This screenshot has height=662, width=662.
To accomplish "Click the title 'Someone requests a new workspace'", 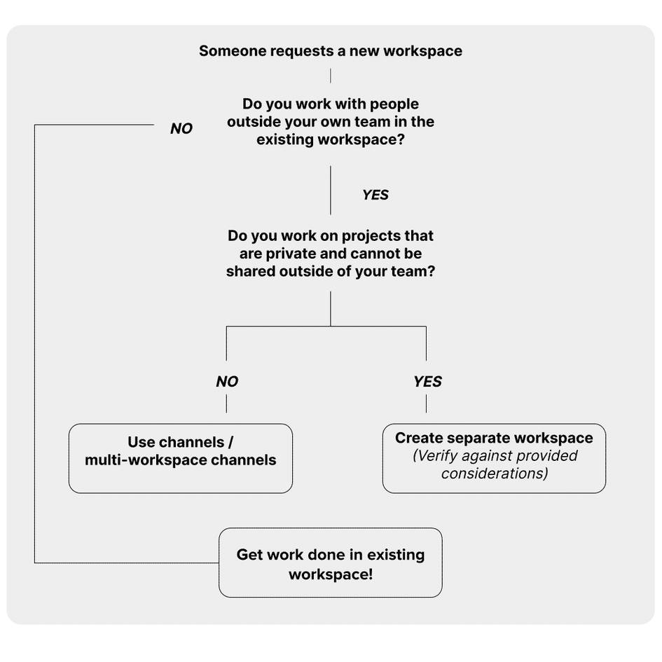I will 330,51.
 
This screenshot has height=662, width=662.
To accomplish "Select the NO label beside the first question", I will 181,129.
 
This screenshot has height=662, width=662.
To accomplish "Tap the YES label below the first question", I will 375,195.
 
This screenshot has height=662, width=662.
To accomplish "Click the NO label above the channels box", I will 226,382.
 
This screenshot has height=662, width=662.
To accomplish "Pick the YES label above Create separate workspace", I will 427,382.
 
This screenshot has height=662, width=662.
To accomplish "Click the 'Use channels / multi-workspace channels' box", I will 180,458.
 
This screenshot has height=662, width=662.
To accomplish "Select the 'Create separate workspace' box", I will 494,458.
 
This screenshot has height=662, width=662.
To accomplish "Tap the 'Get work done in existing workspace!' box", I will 330,563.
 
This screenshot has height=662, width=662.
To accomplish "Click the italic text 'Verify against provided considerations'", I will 494,464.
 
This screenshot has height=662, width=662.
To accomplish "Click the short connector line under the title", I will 330,76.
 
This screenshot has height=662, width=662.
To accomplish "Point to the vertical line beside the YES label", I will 331,190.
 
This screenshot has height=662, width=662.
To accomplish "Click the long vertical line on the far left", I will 34,343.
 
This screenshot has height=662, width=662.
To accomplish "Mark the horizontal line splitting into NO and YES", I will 326,326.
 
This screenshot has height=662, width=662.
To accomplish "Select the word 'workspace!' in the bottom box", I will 330,574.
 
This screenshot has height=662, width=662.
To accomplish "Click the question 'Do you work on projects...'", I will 330,254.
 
